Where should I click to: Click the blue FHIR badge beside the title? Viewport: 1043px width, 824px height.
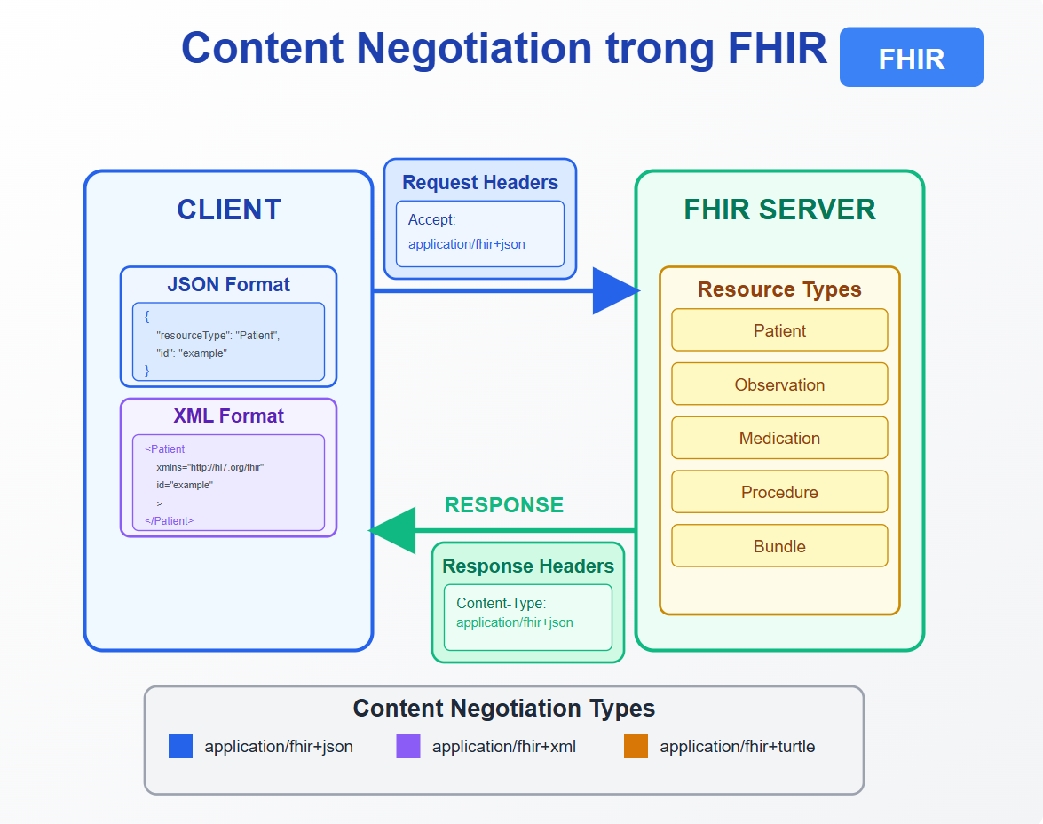pos(912,57)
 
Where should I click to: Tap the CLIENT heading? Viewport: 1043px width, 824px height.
pos(229,210)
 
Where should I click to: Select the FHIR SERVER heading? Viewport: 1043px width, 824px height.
pos(779,210)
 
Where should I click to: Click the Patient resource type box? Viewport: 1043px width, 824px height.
pos(779,330)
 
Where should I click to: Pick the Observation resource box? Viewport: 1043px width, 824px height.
pos(779,384)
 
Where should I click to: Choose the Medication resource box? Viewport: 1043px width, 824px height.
pos(779,438)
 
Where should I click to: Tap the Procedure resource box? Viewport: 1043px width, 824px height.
pos(779,492)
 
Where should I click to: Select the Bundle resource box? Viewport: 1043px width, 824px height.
pos(779,546)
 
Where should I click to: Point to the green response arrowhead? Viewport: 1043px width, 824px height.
pos(392,530)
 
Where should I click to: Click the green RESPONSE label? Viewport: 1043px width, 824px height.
pos(504,505)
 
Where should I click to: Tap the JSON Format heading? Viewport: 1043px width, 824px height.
pos(229,285)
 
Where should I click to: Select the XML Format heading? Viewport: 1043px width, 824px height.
pos(229,416)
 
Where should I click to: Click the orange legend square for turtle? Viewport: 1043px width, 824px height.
pos(636,746)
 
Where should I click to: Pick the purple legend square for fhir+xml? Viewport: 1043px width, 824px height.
pos(408,746)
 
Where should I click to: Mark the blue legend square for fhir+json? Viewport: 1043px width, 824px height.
pos(181,746)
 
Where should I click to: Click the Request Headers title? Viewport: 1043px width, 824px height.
pos(480,182)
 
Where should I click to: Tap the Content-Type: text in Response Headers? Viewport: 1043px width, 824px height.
pos(501,603)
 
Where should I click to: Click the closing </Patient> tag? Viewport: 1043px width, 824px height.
pos(169,520)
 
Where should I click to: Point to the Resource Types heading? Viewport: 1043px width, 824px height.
pos(779,289)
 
